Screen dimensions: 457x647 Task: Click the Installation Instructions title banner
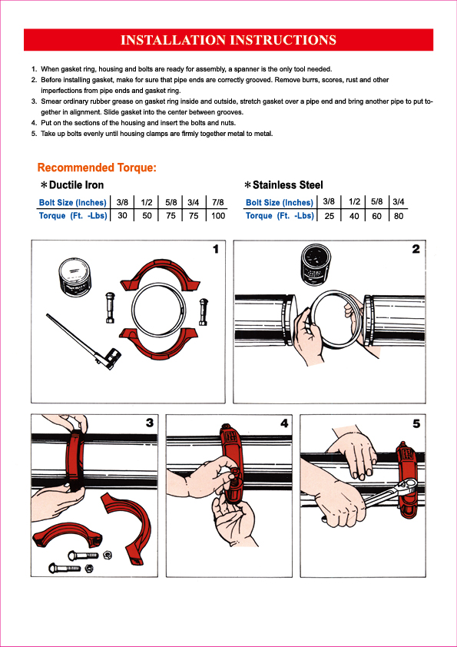click(x=228, y=40)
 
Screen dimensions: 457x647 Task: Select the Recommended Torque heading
click(x=97, y=168)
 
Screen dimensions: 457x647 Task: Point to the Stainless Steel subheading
click(x=284, y=185)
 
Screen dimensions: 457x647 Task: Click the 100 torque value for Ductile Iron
click(x=218, y=215)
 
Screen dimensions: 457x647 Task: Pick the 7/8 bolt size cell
click(x=218, y=202)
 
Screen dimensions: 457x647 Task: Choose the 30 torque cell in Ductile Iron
click(x=122, y=215)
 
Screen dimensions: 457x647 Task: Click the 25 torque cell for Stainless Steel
click(x=330, y=215)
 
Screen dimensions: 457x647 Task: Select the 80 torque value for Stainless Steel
click(x=399, y=215)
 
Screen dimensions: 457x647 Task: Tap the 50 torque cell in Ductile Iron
click(x=147, y=215)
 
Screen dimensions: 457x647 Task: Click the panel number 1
click(x=215, y=249)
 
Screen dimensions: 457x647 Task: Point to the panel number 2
click(x=416, y=249)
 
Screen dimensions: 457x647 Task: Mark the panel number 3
click(x=150, y=423)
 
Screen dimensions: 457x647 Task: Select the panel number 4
click(x=284, y=423)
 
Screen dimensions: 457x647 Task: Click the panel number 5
click(x=416, y=423)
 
